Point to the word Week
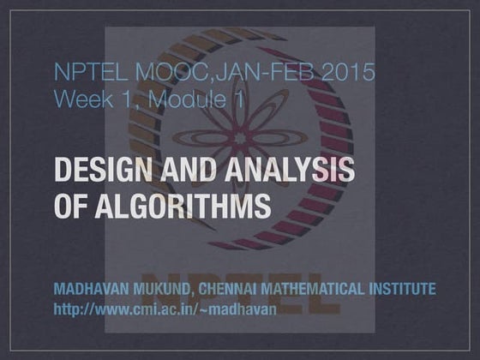click(81, 100)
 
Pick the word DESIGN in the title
click(96, 171)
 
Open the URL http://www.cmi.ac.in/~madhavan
click(165, 308)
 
